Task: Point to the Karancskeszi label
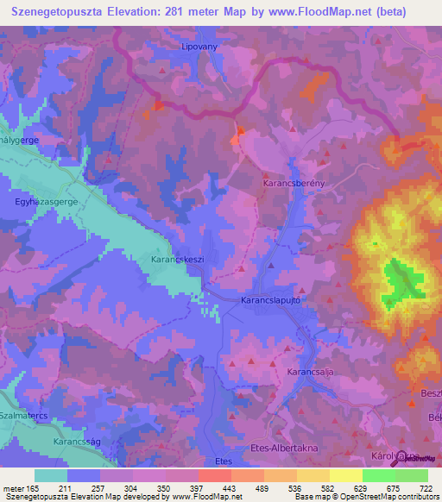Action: pyautogui.click(x=176, y=258)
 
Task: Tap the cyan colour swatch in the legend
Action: pyautogui.click(x=51, y=475)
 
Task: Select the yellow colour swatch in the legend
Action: pyautogui.click(x=345, y=475)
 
